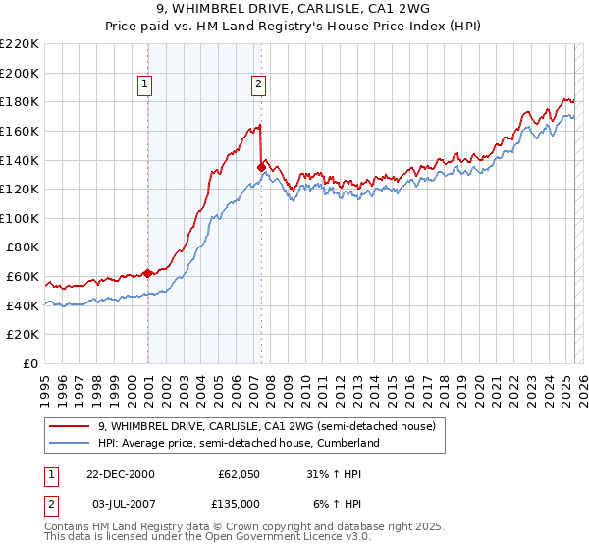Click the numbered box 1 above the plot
click(x=144, y=85)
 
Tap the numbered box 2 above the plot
click(x=258, y=85)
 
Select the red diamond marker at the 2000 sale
click(x=148, y=273)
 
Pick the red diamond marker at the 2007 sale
click(x=261, y=167)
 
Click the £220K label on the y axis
click(x=20, y=44)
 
